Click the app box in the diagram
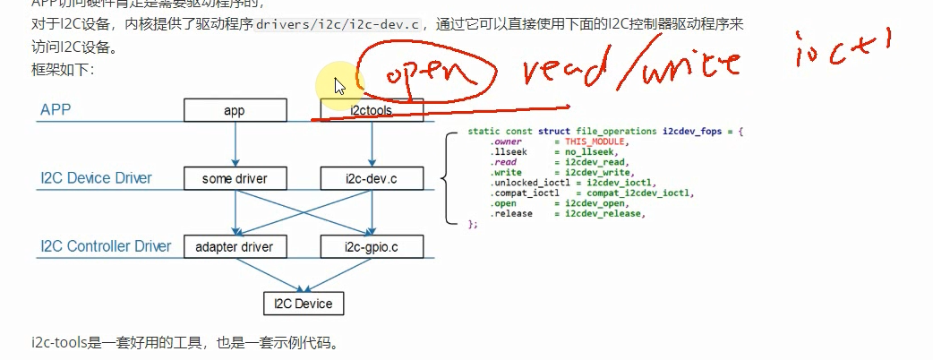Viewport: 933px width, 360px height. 235,111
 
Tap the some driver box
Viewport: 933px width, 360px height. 235,178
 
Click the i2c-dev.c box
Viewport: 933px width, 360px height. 371,178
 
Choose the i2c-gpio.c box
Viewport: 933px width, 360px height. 371,245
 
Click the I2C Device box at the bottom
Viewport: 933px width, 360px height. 303,304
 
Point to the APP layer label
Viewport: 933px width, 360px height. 56,110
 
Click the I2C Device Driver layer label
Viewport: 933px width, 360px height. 95,178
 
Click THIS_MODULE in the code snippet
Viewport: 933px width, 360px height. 597,141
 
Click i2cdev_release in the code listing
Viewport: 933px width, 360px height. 604,213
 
